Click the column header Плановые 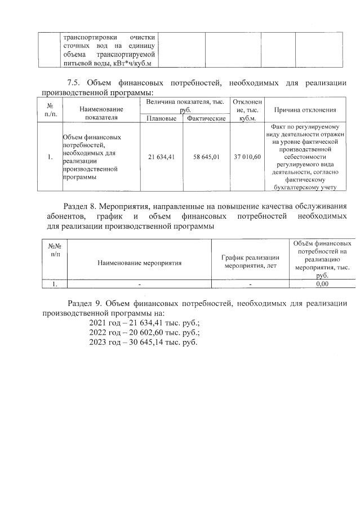pos(161,119)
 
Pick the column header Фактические pos(206,119)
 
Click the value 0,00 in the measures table pos(322,285)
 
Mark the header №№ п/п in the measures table pos(54,249)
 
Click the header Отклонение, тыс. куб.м pos(247,110)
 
